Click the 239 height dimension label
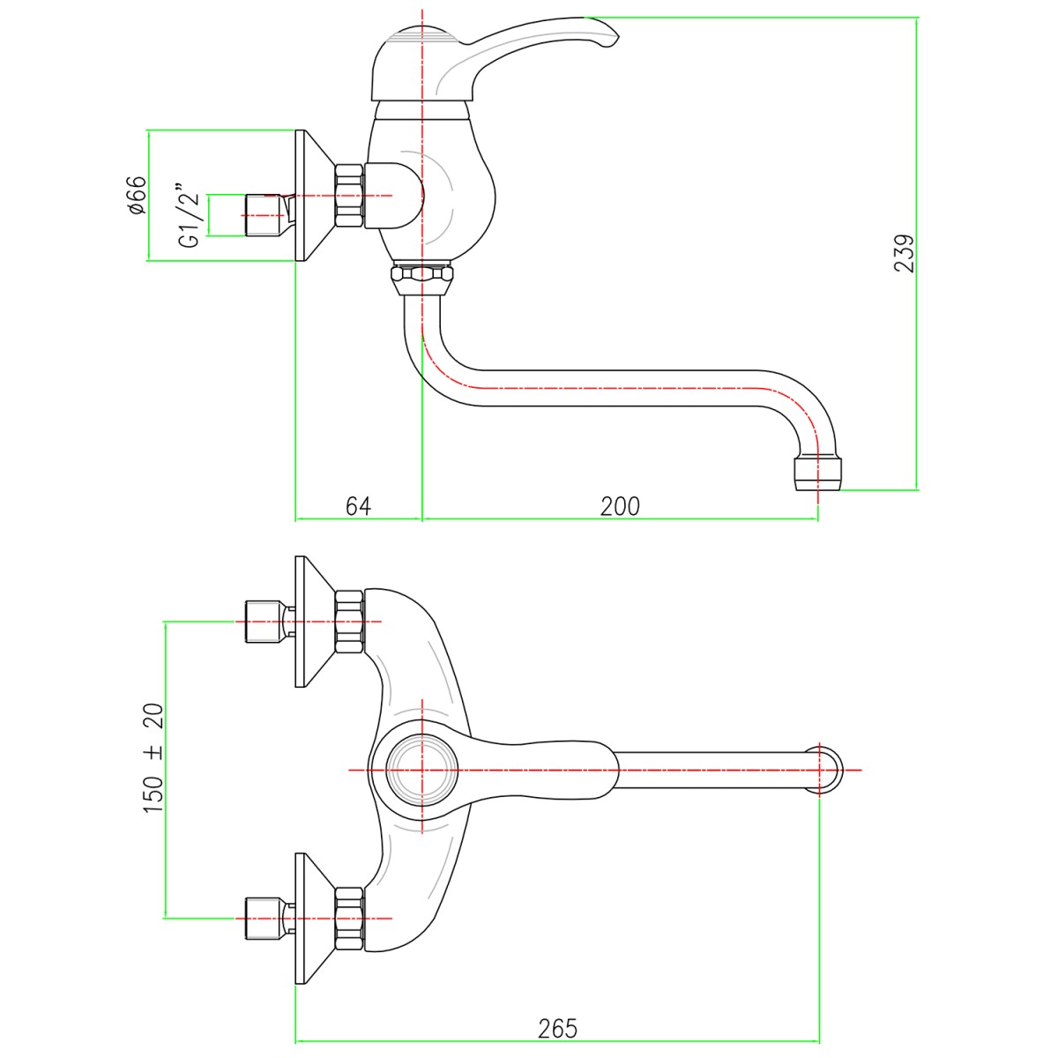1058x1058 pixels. coord(905,253)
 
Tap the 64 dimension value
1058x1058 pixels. coord(358,506)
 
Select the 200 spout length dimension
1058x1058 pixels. coord(620,506)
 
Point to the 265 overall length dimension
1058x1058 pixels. coord(557,1028)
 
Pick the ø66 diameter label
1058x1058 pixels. coord(135,196)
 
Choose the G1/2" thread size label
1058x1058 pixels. coord(188,216)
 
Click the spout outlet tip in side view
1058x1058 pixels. coord(818,473)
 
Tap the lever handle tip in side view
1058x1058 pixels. coord(608,35)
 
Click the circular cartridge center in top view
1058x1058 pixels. coord(422,770)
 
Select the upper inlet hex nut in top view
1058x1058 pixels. coord(349,622)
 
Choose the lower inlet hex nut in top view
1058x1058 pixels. coord(349,919)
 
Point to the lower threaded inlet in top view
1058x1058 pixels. coord(263,919)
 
